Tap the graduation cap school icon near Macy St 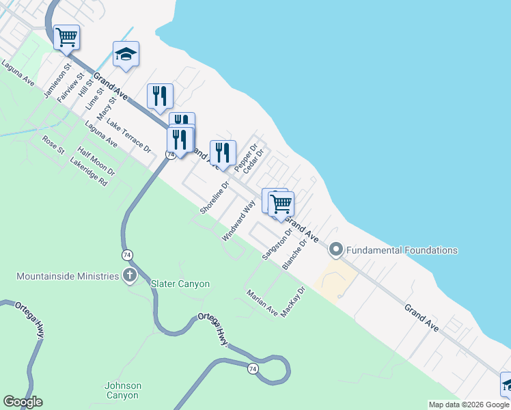tap(126, 54)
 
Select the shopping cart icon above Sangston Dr tap(281, 203)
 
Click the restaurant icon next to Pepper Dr tap(223, 152)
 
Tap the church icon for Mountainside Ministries tap(130, 276)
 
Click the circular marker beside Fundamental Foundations tap(335, 249)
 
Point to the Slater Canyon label tap(180, 284)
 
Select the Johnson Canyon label tap(123, 390)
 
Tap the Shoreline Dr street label tap(215, 197)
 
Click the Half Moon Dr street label tap(96, 161)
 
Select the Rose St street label tap(53, 144)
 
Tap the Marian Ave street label tap(262, 303)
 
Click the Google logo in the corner tap(23, 402)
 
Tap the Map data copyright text tap(468, 405)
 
